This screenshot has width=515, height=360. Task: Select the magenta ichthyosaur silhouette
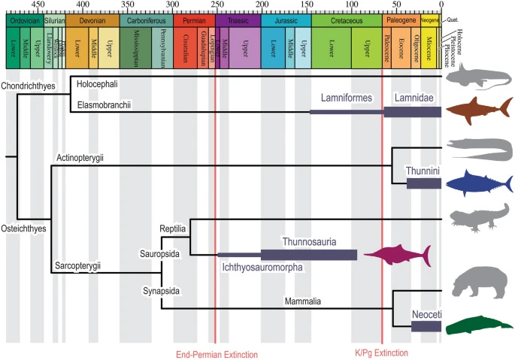pyautogui.click(x=398, y=255)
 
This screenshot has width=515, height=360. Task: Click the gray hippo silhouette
pyautogui.click(x=477, y=281)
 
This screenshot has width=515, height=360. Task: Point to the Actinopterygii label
pyautogui.click(x=79, y=157)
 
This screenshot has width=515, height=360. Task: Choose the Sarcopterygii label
pyautogui.click(x=78, y=265)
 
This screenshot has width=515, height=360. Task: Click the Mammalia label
pyautogui.click(x=302, y=301)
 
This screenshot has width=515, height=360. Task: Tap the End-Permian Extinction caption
pyautogui.click(x=217, y=354)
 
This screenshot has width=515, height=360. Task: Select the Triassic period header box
pyautogui.click(x=239, y=23)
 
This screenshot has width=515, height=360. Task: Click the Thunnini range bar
pyautogui.click(x=423, y=183)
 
